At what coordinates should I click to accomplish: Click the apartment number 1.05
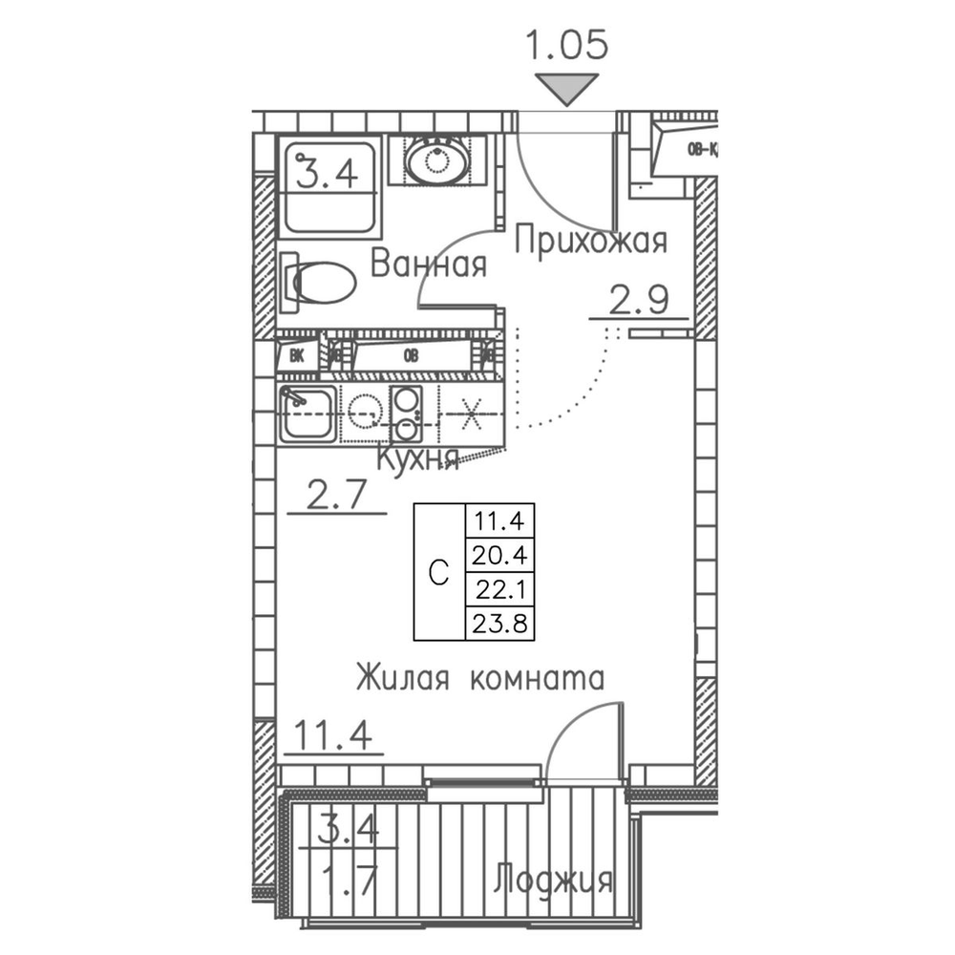(x=570, y=45)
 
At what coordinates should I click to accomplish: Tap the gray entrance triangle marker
(x=570, y=90)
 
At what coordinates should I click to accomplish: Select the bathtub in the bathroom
(x=327, y=187)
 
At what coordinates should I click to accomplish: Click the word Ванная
(x=429, y=264)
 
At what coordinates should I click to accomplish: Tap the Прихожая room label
(x=589, y=242)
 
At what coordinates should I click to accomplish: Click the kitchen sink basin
(x=307, y=414)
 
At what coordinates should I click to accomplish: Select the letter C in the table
(x=438, y=572)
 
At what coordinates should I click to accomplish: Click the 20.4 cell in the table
(x=499, y=554)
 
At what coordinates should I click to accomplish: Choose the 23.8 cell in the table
(x=499, y=624)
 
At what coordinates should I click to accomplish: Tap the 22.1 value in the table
(x=499, y=589)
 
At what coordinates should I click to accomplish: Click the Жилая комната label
(x=480, y=679)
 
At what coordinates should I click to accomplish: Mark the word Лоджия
(x=553, y=880)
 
